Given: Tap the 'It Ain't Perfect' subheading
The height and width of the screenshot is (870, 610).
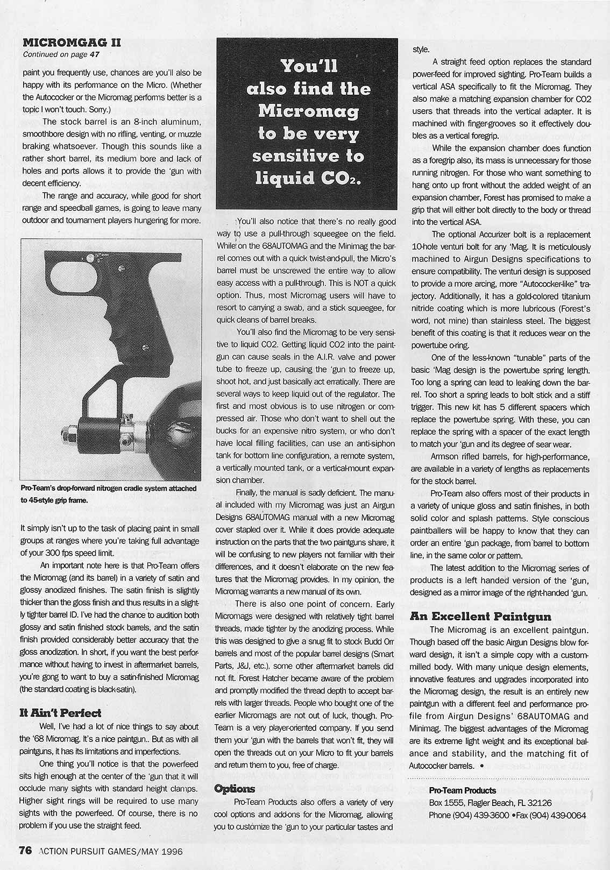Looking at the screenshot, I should [60, 713].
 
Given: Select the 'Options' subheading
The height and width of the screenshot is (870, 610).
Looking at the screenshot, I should [234, 789].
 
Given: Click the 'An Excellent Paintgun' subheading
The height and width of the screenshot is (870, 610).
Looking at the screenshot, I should [480, 617].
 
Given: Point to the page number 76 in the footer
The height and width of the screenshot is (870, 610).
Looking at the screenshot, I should [26, 850].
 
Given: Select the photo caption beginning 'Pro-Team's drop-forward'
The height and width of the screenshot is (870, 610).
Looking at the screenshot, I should [108, 494].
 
